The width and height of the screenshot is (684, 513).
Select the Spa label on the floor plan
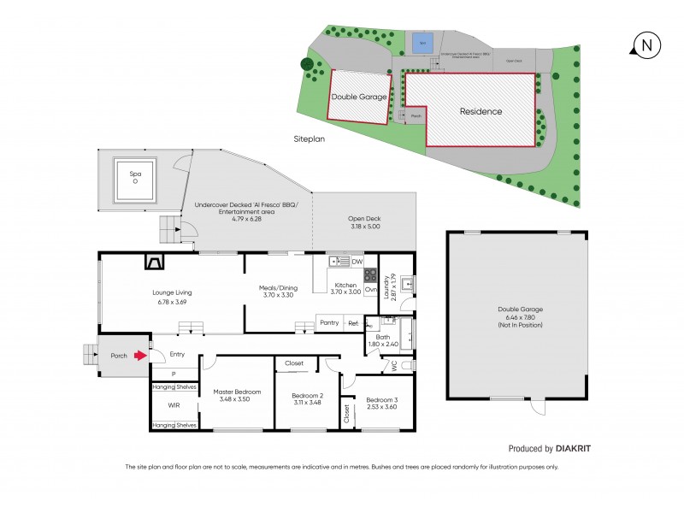tap(134, 174)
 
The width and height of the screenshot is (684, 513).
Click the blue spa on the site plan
tap(420, 42)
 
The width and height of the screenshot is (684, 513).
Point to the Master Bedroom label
tap(237, 392)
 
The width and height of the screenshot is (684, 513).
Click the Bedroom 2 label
tap(308, 396)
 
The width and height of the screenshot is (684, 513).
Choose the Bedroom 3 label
tap(381, 400)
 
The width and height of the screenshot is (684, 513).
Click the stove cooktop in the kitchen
tap(371, 275)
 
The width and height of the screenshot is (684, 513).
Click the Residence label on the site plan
tap(481, 111)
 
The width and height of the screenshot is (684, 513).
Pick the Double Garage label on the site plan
tap(359, 97)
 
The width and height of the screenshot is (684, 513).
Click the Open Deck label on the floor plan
tap(363, 219)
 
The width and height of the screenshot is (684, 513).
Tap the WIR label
tap(174, 406)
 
